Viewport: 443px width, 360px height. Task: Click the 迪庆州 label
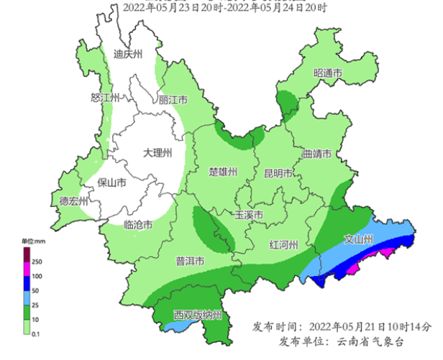click(129, 54)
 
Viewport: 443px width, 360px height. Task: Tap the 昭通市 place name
click(327, 73)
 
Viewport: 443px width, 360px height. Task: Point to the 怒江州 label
click(104, 98)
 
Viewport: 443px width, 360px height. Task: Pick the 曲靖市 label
click(316, 154)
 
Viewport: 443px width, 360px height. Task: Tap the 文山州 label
click(357, 239)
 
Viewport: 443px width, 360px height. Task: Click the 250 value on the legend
click(37, 261)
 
